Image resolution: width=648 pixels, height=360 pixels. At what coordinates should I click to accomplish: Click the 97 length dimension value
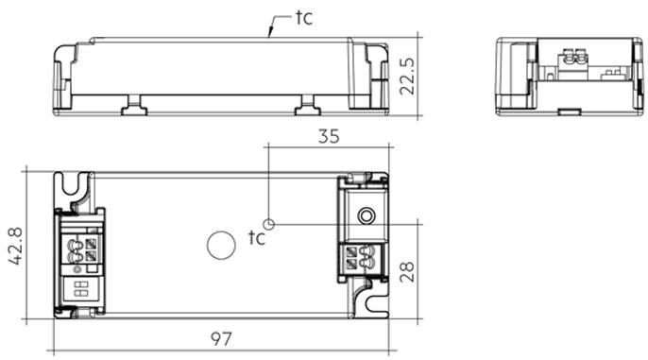click(221, 339)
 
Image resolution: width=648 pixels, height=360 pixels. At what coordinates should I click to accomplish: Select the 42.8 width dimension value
click(15, 246)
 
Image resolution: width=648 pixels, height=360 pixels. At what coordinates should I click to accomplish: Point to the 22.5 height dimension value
click(407, 76)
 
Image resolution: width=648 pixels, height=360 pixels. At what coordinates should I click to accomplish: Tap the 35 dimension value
click(329, 136)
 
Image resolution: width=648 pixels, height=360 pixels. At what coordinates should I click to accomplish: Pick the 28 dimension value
click(407, 271)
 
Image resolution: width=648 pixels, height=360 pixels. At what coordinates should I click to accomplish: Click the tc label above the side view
click(304, 18)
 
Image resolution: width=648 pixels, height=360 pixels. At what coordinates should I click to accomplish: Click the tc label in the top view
click(256, 238)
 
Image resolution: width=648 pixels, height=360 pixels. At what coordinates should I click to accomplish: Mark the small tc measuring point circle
click(268, 224)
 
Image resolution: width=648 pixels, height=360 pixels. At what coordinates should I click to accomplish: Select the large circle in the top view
click(221, 245)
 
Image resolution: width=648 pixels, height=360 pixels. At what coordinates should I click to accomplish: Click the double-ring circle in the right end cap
click(366, 215)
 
